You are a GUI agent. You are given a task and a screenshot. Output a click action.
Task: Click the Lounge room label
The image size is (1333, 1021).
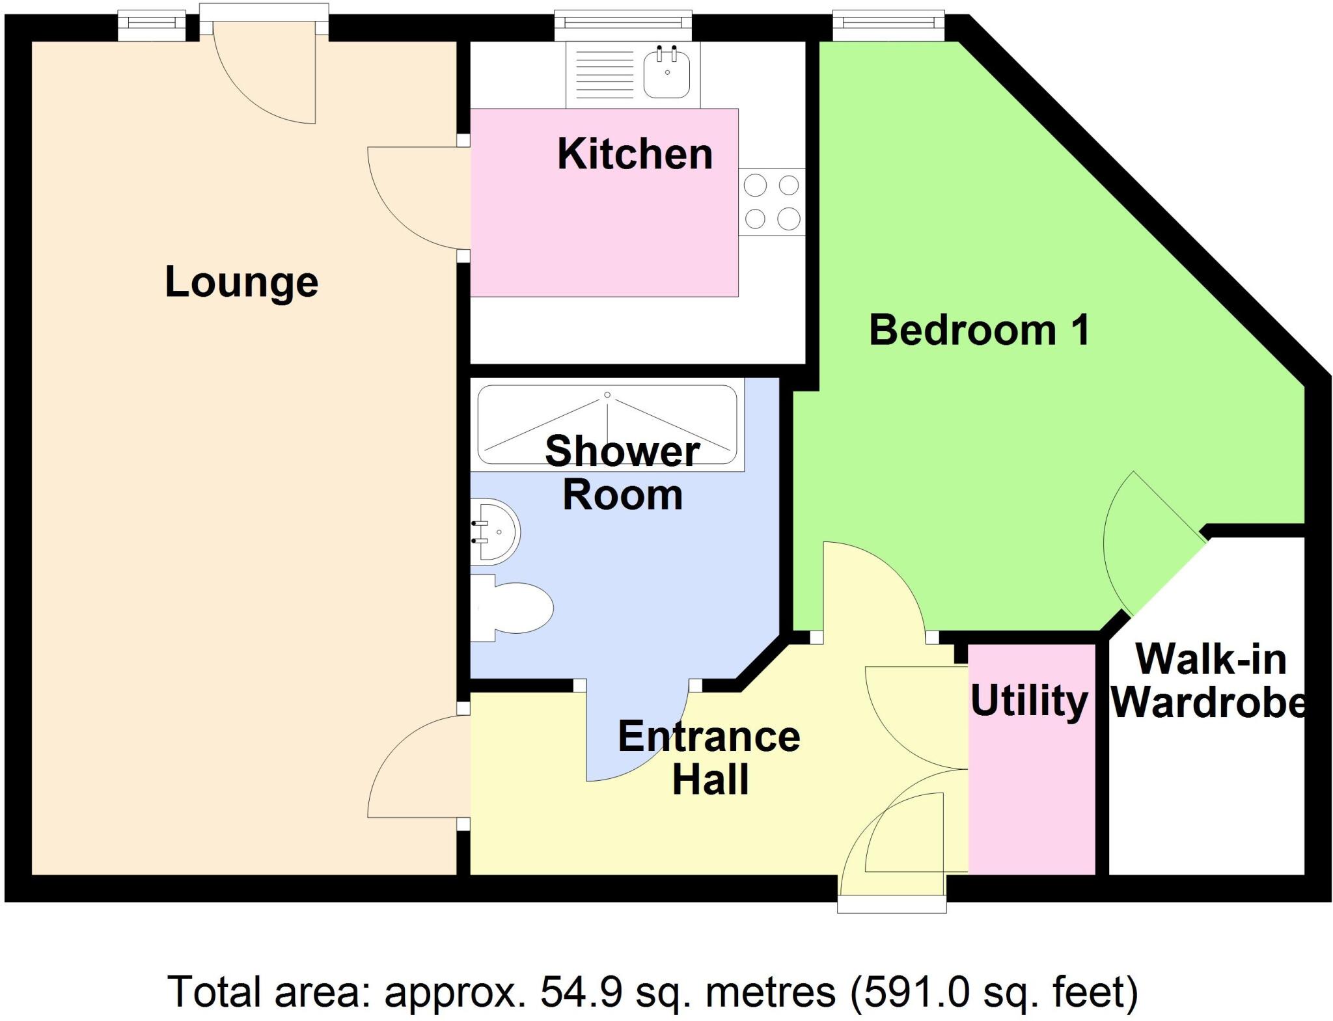[241, 282]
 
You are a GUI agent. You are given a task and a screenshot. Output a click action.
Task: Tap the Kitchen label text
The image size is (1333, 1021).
[635, 154]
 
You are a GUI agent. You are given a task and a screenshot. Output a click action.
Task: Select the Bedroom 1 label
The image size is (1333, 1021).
[979, 330]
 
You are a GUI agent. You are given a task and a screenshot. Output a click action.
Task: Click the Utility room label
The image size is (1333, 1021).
[1029, 701]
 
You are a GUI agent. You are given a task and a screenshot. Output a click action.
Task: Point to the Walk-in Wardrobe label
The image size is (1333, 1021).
[1210, 681]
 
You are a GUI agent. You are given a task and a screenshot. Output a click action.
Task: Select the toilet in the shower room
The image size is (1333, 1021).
[514, 608]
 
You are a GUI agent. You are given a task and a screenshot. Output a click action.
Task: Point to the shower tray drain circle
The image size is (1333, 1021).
[607, 395]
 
